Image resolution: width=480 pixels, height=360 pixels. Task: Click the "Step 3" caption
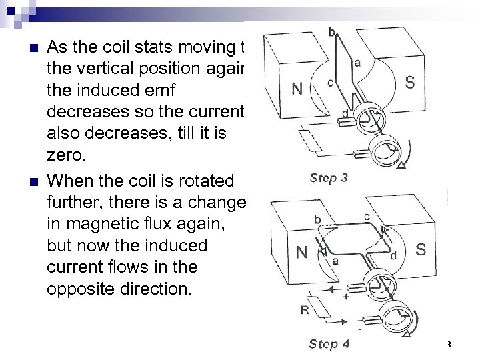(x=328, y=178)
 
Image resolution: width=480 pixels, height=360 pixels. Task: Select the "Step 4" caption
(x=329, y=345)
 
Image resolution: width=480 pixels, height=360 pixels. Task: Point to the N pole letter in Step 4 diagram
(x=303, y=253)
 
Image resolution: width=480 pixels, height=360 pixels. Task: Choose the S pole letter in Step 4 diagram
(x=420, y=250)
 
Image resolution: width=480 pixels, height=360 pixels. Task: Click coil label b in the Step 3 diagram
(x=332, y=32)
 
